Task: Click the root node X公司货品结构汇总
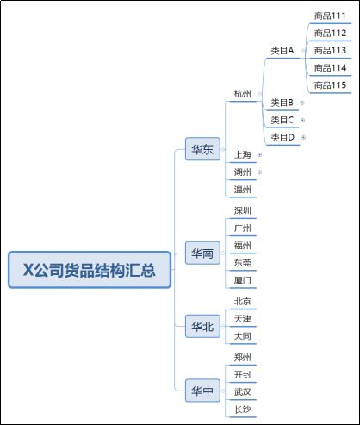tap(90, 270)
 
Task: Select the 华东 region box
tap(202, 149)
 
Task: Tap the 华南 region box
tap(202, 253)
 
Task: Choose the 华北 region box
tap(202, 326)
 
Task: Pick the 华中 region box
tap(202, 391)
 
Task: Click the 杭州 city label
tap(243, 94)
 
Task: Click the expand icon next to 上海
tap(259, 155)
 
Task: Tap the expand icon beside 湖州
tap(259, 172)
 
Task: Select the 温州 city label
tap(243, 190)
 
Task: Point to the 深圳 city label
tap(243, 210)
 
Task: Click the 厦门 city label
tap(243, 280)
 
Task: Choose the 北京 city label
tap(243, 302)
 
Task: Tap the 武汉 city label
tap(243, 392)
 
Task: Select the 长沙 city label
tap(243, 409)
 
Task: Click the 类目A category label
tap(282, 51)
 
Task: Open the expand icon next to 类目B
tap(301, 103)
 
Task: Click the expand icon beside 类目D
tap(303, 137)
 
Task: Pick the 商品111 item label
tap(330, 16)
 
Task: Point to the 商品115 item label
tap(330, 85)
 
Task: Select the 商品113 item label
tap(330, 51)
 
